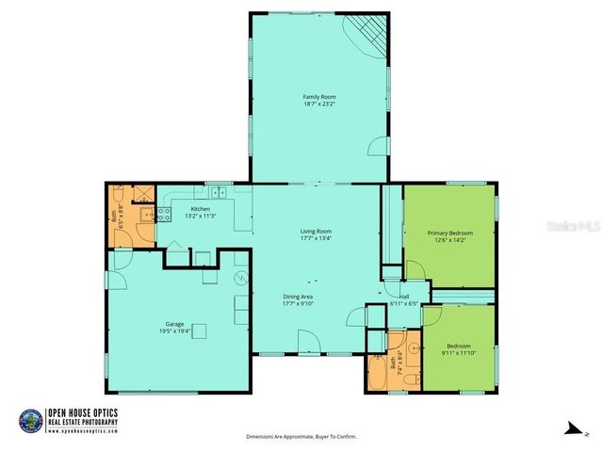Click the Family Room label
pyautogui.click(x=319, y=97)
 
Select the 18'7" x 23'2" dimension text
pyautogui.click(x=319, y=105)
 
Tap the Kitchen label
pyautogui.click(x=200, y=208)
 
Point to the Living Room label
pyautogui.click(x=316, y=231)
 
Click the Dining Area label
pyautogui.click(x=298, y=297)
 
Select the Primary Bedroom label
pyautogui.click(x=449, y=233)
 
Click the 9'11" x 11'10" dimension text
pyautogui.click(x=458, y=353)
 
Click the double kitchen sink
pyautogui.click(x=219, y=193)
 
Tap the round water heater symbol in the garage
pyautogui.click(x=240, y=279)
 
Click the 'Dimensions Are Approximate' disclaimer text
pyautogui.click(x=301, y=437)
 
